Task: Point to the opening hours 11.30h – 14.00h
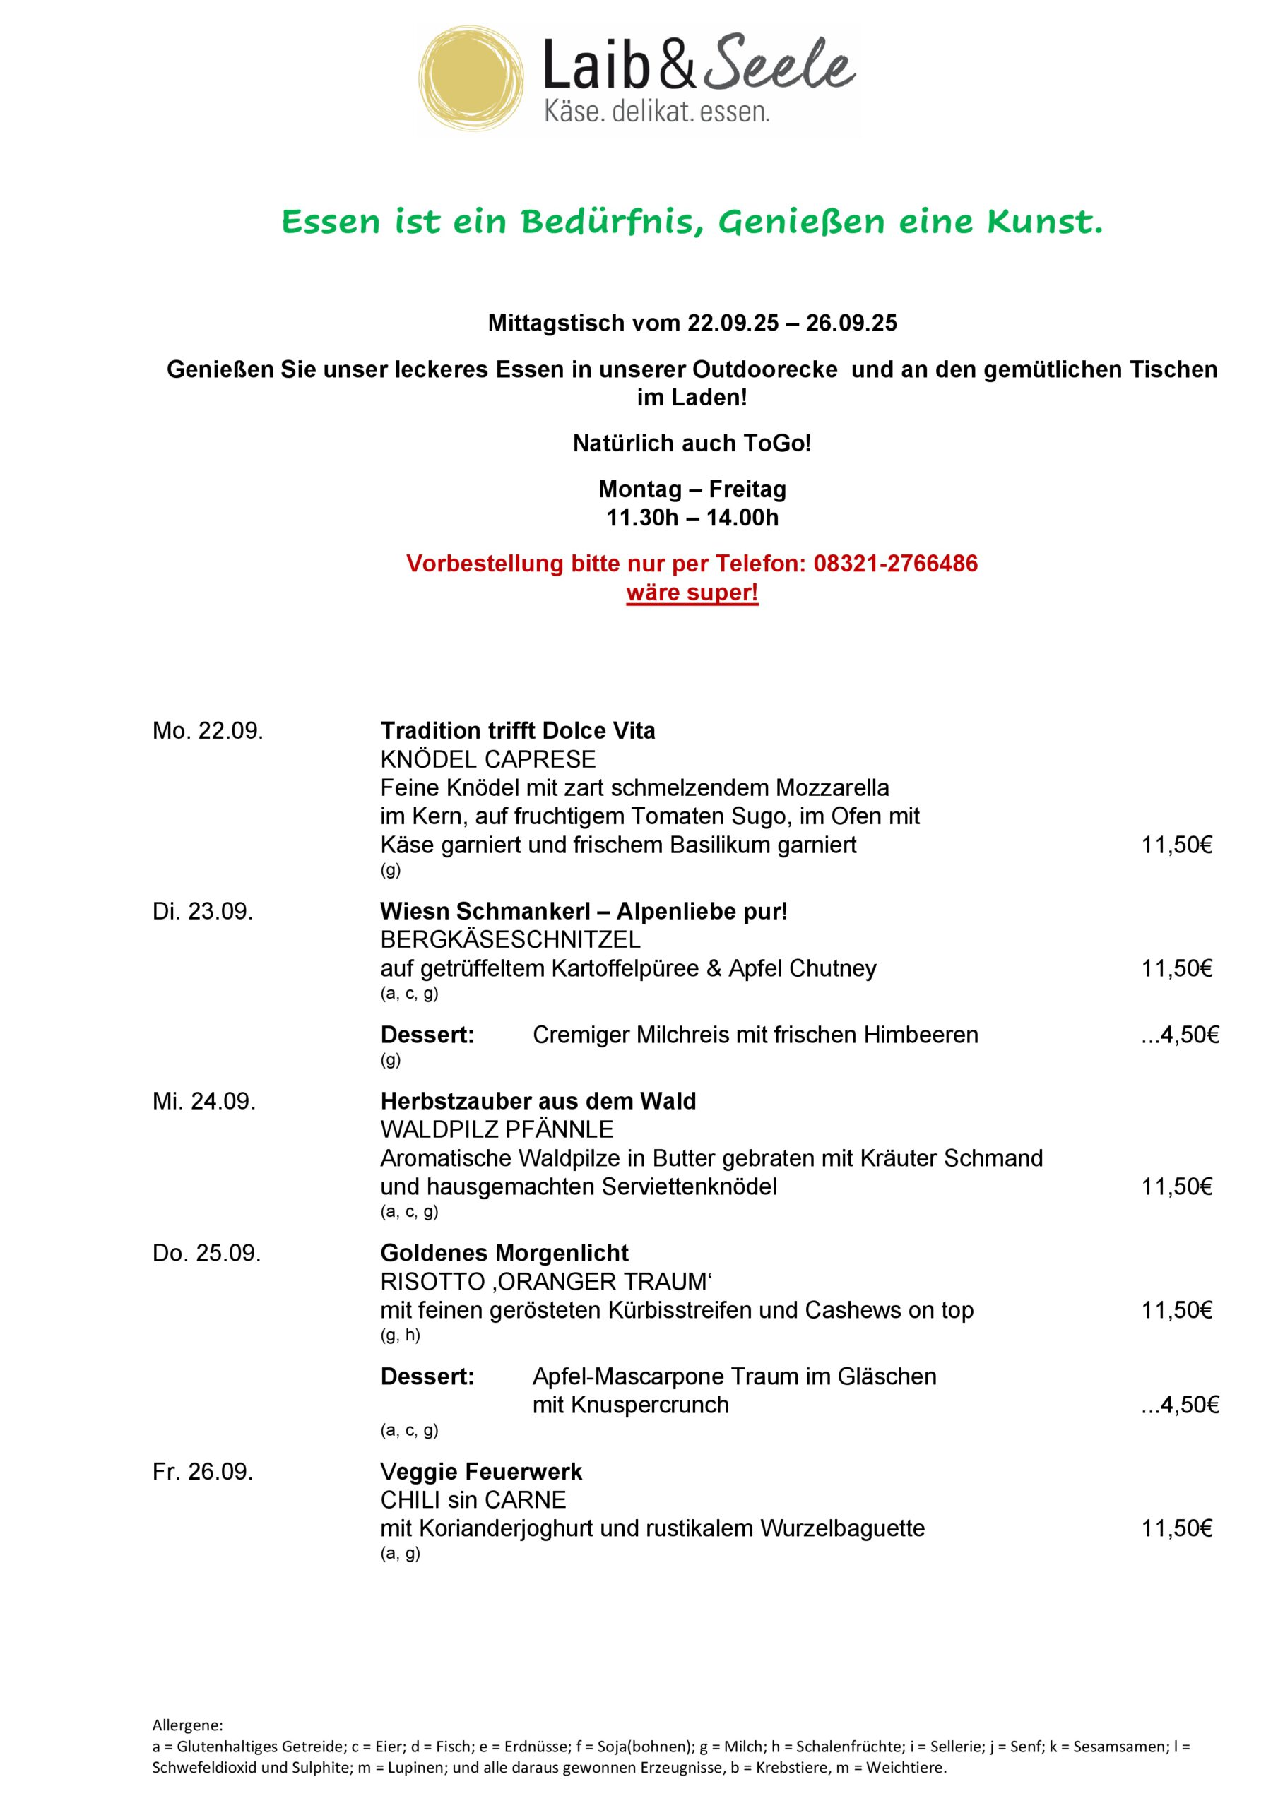click(x=692, y=518)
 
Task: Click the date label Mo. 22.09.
click(x=208, y=731)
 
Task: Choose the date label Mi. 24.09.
click(x=204, y=1101)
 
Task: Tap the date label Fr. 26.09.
click(x=203, y=1472)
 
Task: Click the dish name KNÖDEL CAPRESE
click(x=487, y=759)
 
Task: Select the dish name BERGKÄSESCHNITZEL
click(x=510, y=939)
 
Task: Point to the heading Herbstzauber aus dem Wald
click(x=538, y=1101)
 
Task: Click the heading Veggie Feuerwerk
click(x=480, y=1472)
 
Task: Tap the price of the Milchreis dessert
click(x=1180, y=1035)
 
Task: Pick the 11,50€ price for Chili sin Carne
click(x=1176, y=1528)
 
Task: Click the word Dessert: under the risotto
click(x=427, y=1376)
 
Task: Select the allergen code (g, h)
click(x=401, y=1335)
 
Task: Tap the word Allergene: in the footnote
click(x=187, y=1726)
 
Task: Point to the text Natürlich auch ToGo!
click(x=692, y=444)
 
